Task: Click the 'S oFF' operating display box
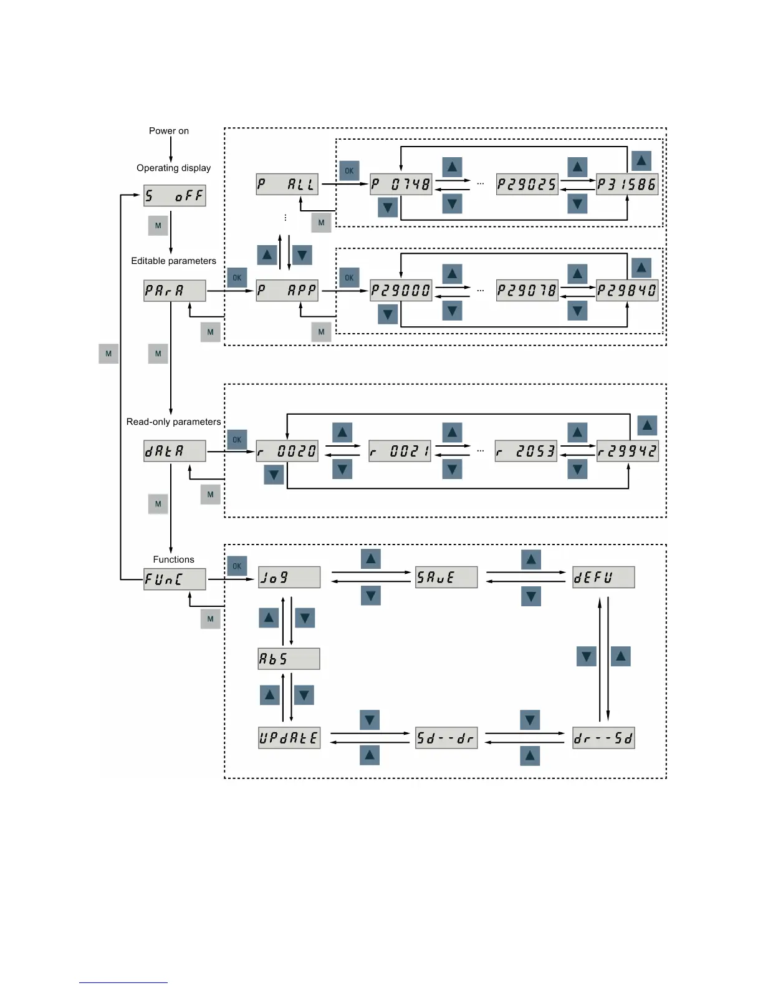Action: click(175, 196)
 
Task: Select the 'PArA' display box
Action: click(175, 291)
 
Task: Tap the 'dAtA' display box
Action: click(175, 451)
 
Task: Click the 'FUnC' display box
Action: click(175, 579)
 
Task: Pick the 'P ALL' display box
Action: click(287, 184)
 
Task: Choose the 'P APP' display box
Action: click(287, 291)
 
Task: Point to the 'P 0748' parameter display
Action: click(401, 184)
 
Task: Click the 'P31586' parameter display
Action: click(627, 184)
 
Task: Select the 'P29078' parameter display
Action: click(527, 291)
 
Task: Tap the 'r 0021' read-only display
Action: click(400, 451)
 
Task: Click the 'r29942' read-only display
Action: click(627, 451)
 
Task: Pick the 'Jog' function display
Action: click(289, 577)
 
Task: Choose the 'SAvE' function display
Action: click(446, 577)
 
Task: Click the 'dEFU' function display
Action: click(603, 577)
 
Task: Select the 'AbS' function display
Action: click(289, 659)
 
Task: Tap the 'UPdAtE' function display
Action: click(289, 738)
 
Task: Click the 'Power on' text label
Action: click(169, 131)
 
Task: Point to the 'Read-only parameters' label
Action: click(173, 422)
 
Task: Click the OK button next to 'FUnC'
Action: click(237, 566)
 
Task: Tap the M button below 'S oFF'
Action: click(158, 226)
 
